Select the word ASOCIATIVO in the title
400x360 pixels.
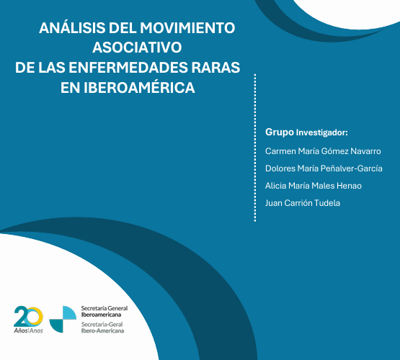pyautogui.click(x=137, y=48)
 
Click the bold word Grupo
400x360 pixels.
pyautogui.click(x=280, y=132)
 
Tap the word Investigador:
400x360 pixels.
pyautogui.click(x=322, y=133)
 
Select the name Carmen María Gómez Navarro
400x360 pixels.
pyautogui.click(x=323, y=151)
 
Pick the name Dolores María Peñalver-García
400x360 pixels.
pyautogui.click(x=324, y=168)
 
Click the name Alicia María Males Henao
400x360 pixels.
pyautogui.click(x=314, y=186)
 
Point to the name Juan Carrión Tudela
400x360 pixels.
pyautogui.click(x=303, y=203)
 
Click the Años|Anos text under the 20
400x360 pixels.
pyautogui.click(x=29, y=330)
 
